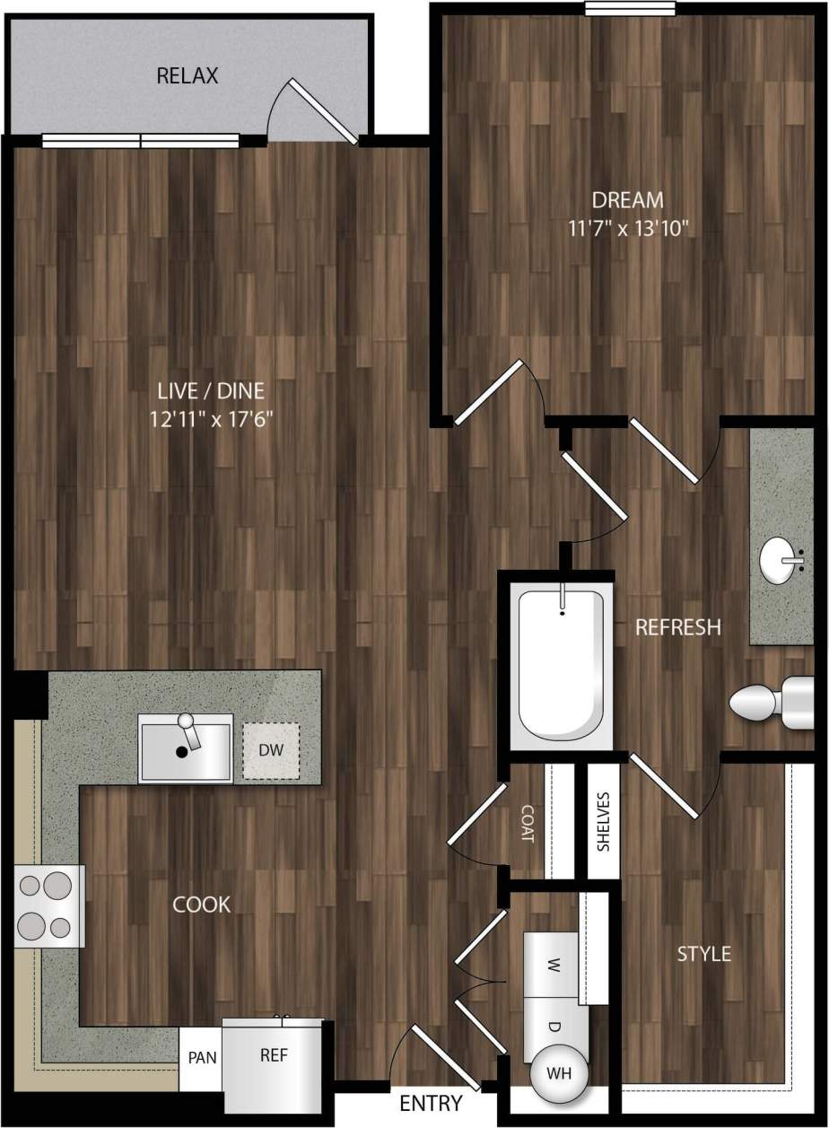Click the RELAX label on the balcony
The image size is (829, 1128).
point(188,75)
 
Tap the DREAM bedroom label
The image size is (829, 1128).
point(627,199)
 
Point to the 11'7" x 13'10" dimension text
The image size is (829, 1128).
point(627,227)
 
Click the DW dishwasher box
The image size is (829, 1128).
point(270,748)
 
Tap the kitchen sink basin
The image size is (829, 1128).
point(185,748)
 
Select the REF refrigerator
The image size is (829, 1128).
point(274,1056)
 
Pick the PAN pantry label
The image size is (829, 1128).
point(201,1057)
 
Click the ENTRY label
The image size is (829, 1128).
point(431,1103)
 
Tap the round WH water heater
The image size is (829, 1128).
point(557,1072)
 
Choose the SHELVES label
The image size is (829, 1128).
point(603,820)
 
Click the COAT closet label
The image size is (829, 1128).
point(527,822)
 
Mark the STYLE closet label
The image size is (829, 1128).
point(703,953)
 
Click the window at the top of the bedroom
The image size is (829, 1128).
point(630,9)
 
